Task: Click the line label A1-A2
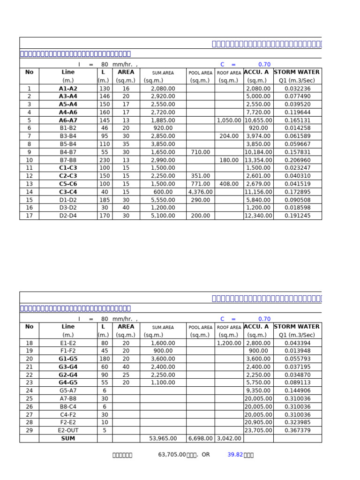(x=68, y=88)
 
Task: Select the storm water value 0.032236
(x=297, y=88)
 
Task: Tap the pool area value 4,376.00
(x=200, y=192)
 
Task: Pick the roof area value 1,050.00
(x=229, y=120)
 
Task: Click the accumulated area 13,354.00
(x=258, y=160)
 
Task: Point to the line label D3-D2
(x=68, y=208)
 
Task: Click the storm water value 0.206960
(x=297, y=160)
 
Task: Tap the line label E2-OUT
(x=68, y=430)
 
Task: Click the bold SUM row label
(x=68, y=438)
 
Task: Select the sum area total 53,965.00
(x=163, y=438)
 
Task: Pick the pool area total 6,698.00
(x=200, y=438)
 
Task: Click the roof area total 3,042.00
(x=229, y=438)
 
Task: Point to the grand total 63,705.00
(x=172, y=455)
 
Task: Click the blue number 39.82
(x=235, y=455)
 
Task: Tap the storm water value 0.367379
(x=297, y=430)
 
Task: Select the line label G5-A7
(x=68, y=390)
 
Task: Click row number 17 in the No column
(x=29, y=216)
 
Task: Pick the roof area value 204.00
(x=229, y=136)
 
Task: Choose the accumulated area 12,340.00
(x=258, y=216)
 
